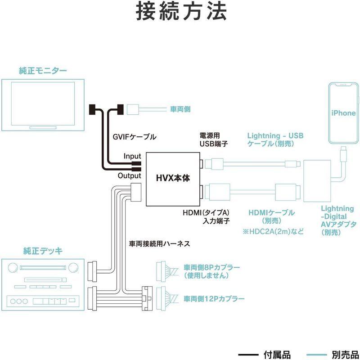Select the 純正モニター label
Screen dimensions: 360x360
pos(43,71)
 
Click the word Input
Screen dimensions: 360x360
pos(132,156)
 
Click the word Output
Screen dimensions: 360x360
pos(129,176)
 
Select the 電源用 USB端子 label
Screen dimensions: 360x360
pos(215,139)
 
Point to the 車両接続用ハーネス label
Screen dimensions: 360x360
pos(159,244)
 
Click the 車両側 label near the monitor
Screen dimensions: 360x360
pos(181,109)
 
